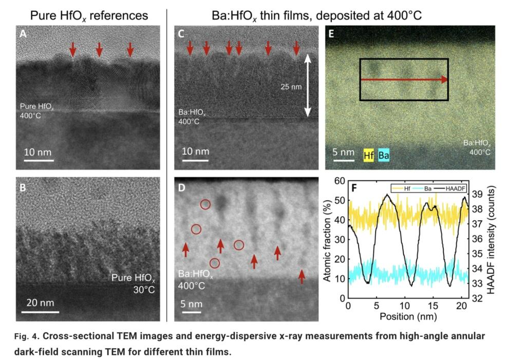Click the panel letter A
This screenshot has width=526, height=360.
point(23,34)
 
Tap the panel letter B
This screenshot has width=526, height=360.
point(23,187)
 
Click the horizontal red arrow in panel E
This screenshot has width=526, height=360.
point(404,80)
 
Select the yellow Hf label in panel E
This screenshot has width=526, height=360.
point(368,154)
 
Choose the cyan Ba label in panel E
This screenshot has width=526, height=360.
point(384,154)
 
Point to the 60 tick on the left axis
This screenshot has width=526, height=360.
point(340,181)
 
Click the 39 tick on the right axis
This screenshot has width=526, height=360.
point(477,194)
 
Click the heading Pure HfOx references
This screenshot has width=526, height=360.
point(89,15)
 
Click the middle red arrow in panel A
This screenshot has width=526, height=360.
point(99,49)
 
